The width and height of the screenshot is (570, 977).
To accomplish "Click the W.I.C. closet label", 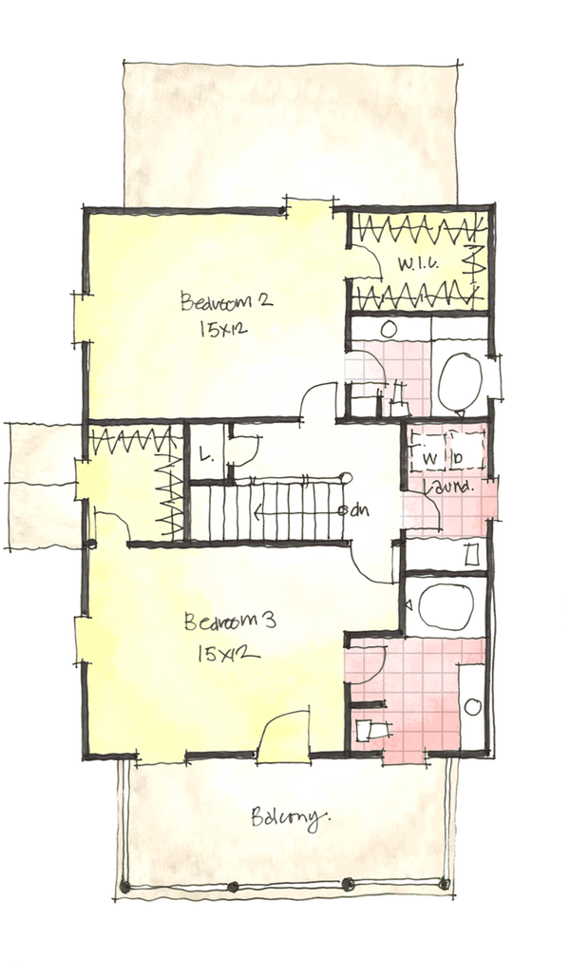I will (417, 263).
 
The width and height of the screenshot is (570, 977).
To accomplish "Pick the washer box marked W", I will (429, 456).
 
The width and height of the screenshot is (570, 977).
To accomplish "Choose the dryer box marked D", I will (458, 456).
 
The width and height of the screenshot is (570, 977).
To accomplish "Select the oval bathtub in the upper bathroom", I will (461, 379).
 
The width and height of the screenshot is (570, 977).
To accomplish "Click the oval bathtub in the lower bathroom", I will (445, 606).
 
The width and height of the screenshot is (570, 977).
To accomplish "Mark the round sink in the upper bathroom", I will (389, 329).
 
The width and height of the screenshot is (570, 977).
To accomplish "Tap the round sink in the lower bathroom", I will (472, 707).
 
